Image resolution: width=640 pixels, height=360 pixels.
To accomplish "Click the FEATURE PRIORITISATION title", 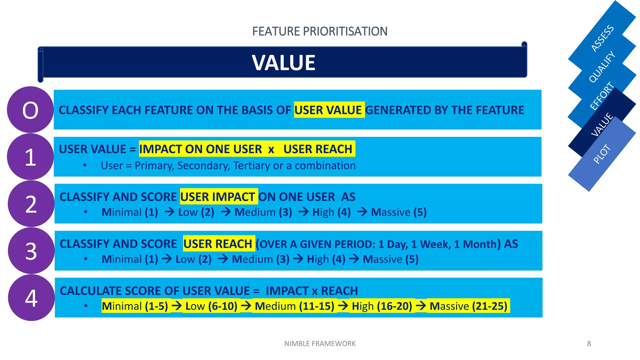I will click(x=320, y=32).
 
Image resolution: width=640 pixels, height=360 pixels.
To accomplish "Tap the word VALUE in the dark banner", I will click(x=283, y=62).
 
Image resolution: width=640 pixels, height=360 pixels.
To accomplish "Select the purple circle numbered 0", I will click(x=30, y=110).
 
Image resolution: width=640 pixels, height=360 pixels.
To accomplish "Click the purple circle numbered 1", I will click(x=30, y=157).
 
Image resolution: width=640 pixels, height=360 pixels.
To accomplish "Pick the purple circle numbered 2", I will click(x=31, y=204).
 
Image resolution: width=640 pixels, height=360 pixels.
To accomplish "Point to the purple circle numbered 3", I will click(x=31, y=251).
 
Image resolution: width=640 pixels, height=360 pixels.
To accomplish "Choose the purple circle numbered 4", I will click(x=31, y=298).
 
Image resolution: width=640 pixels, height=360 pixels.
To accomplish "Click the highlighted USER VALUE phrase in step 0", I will click(x=329, y=110).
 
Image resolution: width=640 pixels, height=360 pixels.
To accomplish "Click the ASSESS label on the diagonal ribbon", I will click(x=602, y=38).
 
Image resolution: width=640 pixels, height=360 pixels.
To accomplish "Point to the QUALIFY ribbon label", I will click(x=602, y=67).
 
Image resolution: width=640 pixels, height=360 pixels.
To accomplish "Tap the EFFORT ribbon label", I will click(x=602, y=96).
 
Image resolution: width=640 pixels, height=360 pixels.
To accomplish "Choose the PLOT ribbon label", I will click(x=602, y=154).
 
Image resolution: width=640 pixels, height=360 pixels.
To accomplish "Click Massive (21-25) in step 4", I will click(x=468, y=306).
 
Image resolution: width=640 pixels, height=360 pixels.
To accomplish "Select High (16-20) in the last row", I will click(x=382, y=306).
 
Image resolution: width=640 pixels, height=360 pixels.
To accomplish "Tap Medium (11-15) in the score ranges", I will click(x=294, y=306).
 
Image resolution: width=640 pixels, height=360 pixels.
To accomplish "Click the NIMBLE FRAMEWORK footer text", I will click(x=320, y=344).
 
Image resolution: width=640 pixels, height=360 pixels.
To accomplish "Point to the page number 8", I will click(x=589, y=344).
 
